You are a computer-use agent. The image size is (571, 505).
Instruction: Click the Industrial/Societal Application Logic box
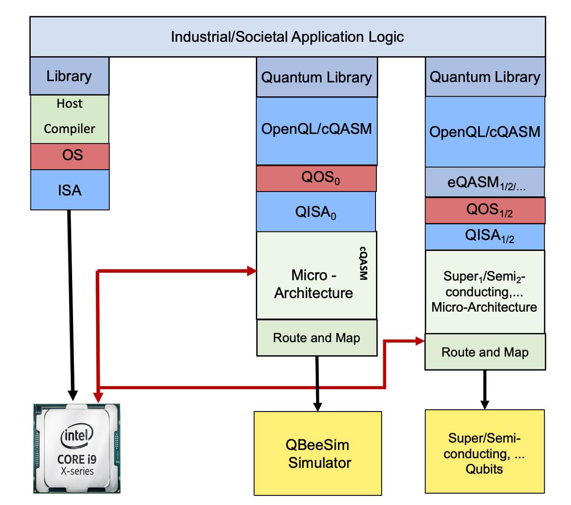coord(287,37)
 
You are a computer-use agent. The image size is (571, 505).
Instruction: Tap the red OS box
coord(70,156)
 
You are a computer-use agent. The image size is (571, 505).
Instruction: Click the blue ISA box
coord(70,190)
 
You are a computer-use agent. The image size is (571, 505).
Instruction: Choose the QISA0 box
coord(316,211)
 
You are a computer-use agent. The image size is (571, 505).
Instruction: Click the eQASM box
coord(484,182)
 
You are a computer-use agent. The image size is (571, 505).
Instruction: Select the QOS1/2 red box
coord(485,210)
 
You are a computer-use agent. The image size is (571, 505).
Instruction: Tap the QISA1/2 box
coord(485,236)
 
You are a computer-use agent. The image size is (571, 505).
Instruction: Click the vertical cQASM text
coord(363,263)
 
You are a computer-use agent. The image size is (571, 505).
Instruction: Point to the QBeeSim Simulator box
coord(317,453)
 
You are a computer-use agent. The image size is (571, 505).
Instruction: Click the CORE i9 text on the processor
coord(76,459)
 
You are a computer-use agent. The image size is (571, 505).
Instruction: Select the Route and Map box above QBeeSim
coord(317,338)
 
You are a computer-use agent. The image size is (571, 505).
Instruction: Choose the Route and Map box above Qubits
coord(485,352)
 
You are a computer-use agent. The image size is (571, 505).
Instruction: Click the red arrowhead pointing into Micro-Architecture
coord(252,271)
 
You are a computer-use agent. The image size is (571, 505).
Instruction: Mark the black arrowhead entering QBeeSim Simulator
coord(317,406)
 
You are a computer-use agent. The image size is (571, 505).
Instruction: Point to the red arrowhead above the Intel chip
coord(98,397)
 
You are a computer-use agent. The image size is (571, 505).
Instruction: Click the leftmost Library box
coord(69,76)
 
